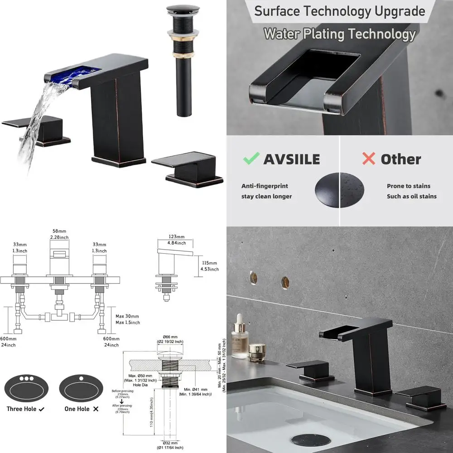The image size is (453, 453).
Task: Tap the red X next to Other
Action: coord(369,159)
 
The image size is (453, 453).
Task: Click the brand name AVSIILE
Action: coord(291,159)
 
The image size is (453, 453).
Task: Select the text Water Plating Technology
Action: coord(339,34)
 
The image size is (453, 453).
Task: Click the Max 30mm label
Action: coord(127,316)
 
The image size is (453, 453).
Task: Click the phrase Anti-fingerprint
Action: coord(264,186)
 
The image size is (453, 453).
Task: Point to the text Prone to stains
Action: coord(408,186)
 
